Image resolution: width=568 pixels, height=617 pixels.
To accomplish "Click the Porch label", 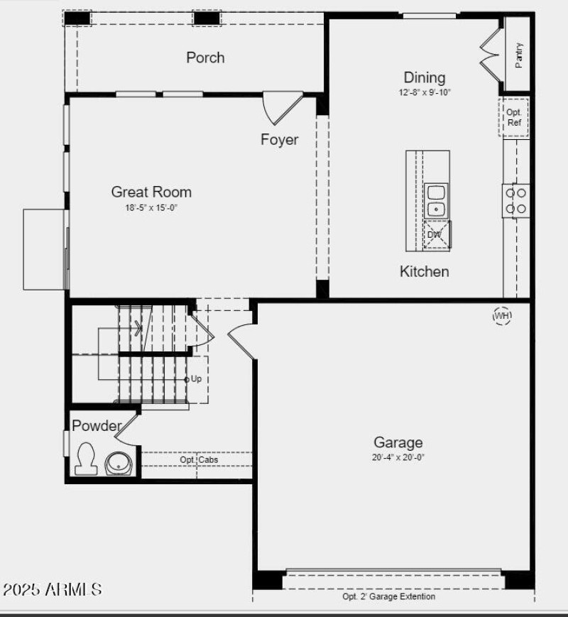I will point(205,58).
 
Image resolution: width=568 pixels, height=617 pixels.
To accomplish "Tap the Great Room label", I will point(151,192).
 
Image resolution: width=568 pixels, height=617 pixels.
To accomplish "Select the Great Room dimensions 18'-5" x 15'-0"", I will point(151,208).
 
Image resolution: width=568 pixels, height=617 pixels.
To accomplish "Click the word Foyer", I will point(279,140).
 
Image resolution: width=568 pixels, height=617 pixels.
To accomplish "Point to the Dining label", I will point(425,77).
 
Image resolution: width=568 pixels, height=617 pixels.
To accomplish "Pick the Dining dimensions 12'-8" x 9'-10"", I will point(425,92).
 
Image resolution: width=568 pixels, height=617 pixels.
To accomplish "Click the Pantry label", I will point(519,55).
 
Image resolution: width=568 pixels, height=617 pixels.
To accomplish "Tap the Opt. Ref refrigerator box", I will point(513,117).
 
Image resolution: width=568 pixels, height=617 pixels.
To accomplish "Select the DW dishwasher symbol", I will point(435,235).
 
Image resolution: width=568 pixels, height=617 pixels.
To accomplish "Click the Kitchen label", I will point(424,271).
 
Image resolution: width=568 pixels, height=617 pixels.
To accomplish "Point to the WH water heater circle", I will point(502,315).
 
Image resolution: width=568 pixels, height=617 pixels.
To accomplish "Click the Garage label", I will point(398,442).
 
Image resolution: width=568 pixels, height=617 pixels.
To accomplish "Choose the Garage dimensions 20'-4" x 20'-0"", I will point(398,457).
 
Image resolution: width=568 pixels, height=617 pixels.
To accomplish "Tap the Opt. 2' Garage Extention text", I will point(388,597).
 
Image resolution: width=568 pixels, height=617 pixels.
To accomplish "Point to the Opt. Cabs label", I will point(199,460).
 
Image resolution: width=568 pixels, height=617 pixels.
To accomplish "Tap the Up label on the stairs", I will point(196,379).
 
